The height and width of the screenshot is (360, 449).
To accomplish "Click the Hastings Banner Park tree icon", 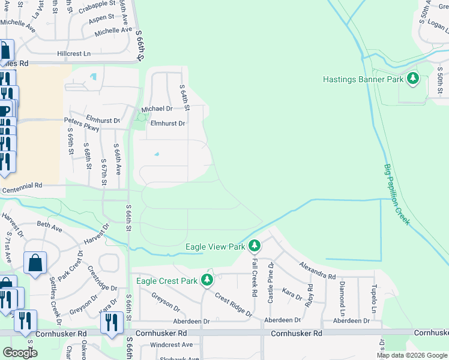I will (412, 79).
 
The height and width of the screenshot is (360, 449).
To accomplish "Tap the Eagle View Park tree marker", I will (255, 246).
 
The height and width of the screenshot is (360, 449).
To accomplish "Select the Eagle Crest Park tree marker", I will (207, 280).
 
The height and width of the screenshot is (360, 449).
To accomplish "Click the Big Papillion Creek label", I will (397, 194).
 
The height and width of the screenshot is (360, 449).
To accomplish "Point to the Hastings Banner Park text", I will (362, 79).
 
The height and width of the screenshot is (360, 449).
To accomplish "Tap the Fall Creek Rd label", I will (255, 283).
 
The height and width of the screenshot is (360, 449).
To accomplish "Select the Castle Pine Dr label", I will (271, 284).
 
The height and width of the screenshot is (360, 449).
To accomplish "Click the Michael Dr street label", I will (157, 109).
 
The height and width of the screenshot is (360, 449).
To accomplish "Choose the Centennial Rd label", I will (22, 187).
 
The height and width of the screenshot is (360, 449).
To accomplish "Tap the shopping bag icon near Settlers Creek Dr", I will (35, 263).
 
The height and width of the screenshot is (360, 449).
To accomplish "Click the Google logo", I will (20, 353).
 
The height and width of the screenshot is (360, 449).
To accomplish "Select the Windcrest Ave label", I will (171, 344).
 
